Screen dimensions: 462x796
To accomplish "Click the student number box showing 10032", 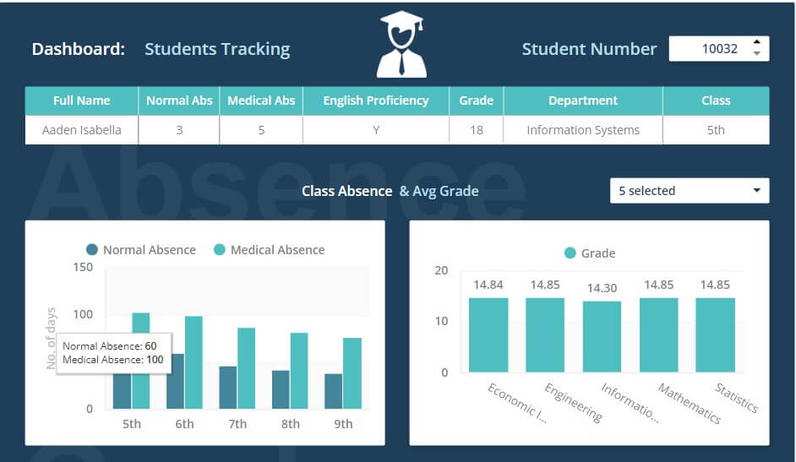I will (710, 49).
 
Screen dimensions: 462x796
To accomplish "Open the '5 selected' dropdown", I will (689, 191).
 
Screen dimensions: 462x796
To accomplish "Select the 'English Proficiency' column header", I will (375, 101).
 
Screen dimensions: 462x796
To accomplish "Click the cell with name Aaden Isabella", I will (81, 130).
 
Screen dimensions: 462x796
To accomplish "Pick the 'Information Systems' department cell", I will (582, 130).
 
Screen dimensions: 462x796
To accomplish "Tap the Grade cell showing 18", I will (476, 130).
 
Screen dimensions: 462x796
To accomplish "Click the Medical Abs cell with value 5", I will (261, 130).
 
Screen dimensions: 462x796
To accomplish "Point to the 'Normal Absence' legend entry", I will (140, 250).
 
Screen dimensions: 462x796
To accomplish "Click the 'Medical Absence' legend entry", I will (269, 250).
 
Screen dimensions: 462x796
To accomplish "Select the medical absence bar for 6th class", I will (194, 363).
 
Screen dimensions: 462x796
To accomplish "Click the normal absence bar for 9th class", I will (334, 391).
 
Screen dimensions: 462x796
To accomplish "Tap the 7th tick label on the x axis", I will (237, 424).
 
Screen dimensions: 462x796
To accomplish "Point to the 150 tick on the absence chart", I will (83, 267).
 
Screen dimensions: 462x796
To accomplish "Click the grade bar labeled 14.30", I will (602, 336).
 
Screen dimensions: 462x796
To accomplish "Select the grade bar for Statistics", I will (715, 334).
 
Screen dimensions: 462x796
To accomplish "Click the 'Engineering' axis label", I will (574, 403).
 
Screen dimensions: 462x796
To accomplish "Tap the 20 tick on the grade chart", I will (440, 270).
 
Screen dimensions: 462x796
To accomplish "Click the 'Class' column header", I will (715, 101).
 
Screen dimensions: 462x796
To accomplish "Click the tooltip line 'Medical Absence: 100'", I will (113, 360).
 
